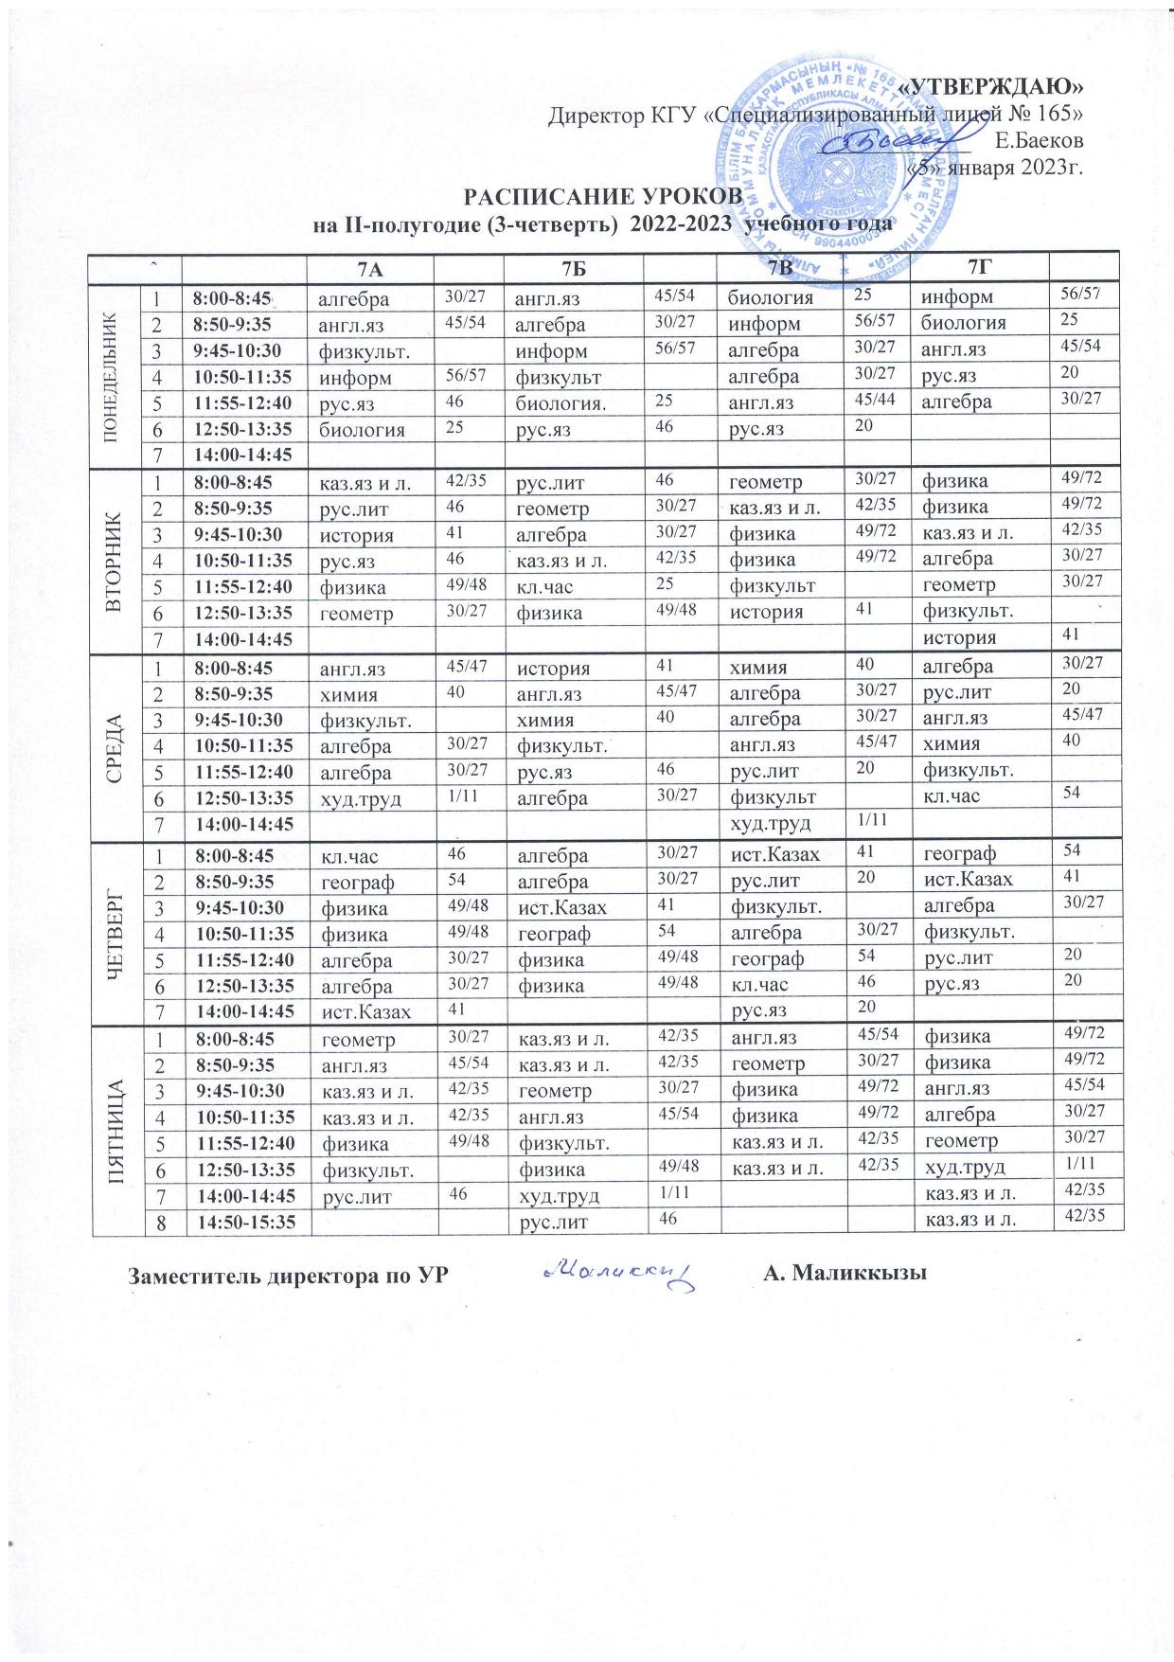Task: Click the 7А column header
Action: (373, 269)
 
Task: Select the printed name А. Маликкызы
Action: (844, 1274)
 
